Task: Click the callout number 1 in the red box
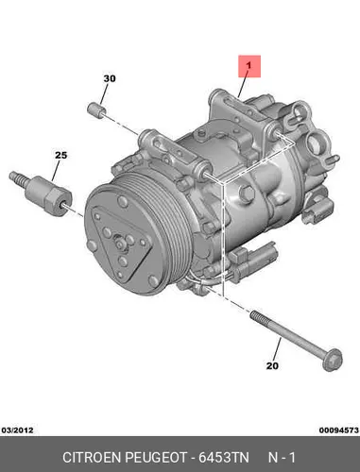[249, 65]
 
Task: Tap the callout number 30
[110, 78]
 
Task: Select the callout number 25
[61, 155]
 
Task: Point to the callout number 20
[272, 365]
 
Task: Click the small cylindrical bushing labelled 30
[96, 110]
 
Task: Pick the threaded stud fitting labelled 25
[41, 192]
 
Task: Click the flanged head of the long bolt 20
[332, 360]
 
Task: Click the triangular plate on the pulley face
[120, 244]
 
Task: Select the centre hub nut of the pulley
[120, 243]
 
